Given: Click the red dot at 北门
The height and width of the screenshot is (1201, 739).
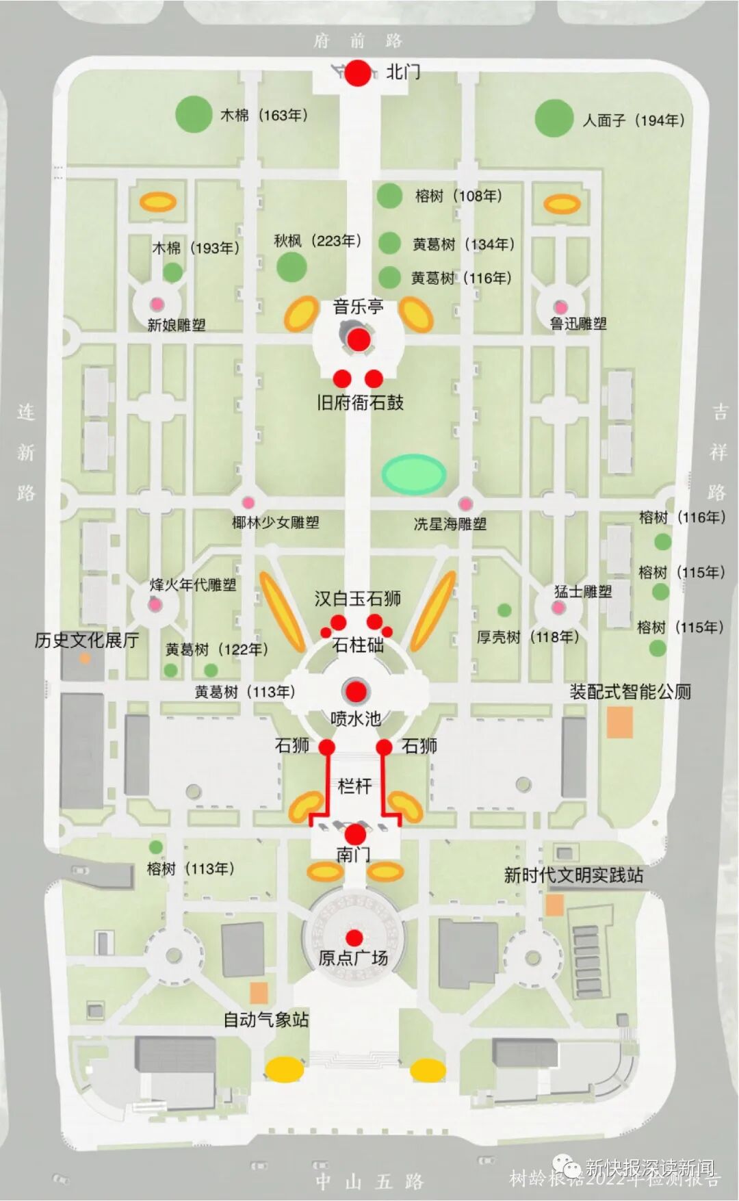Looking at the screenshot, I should [357, 73].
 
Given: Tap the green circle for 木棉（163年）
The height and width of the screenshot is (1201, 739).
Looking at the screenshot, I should [194, 114].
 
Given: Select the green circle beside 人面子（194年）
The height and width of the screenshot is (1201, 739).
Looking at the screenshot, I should [553, 118].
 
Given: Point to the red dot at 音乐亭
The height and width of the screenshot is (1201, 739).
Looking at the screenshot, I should [358, 339].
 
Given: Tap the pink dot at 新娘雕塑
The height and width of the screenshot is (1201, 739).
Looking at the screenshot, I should [157, 303].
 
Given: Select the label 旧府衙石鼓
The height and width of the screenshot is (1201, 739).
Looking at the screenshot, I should [360, 402].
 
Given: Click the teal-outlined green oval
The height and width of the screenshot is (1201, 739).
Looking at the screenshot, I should [413, 474].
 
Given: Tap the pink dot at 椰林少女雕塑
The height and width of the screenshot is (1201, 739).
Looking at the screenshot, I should [248, 503].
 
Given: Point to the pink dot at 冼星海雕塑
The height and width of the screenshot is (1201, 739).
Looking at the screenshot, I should [465, 504].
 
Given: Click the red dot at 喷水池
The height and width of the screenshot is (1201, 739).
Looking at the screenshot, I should [355, 692].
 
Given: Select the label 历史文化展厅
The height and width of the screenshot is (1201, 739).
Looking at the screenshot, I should [87, 641].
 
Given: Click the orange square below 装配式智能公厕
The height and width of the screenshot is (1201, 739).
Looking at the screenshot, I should [619, 723].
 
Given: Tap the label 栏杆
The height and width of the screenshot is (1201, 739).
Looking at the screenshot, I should [354, 786].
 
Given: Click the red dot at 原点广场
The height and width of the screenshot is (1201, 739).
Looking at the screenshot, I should [354, 938].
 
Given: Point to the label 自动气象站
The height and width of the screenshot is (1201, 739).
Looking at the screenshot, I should [266, 1020].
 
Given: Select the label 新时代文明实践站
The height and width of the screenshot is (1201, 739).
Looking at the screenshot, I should [573, 875].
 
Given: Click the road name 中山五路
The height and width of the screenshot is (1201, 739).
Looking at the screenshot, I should [369, 1180].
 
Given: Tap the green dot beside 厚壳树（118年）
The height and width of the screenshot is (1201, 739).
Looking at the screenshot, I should [504, 610].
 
